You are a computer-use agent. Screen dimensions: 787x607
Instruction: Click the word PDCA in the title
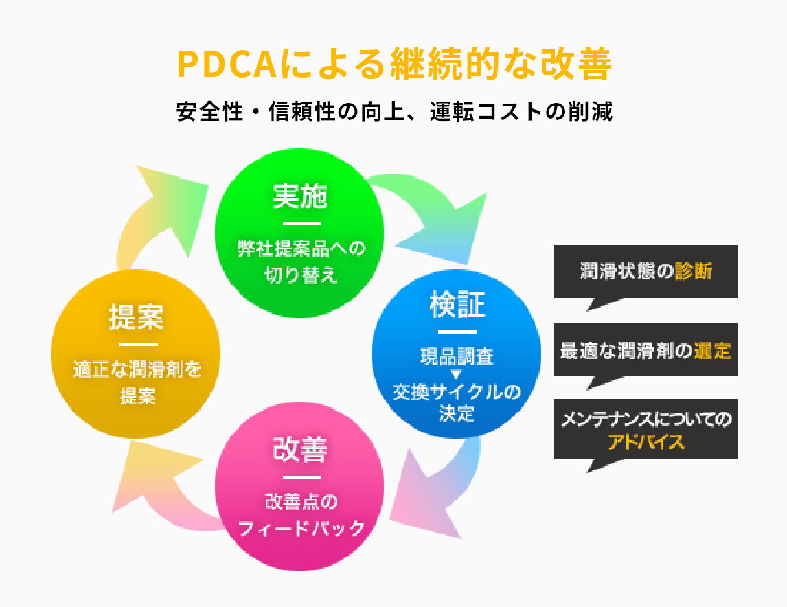(x=227, y=65)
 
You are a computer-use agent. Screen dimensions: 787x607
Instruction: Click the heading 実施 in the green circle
(x=299, y=196)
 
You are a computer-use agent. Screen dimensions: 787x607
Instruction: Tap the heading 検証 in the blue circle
(x=457, y=304)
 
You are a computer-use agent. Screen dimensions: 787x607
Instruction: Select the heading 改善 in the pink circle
(x=299, y=449)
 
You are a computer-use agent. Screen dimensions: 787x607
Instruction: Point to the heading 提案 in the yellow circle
(x=137, y=317)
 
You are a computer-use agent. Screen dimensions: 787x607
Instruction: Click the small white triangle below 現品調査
(x=456, y=374)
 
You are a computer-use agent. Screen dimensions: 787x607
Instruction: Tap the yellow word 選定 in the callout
(x=712, y=350)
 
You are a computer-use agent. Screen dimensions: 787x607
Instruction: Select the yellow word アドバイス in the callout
(x=646, y=442)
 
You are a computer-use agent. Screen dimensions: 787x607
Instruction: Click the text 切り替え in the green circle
(x=301, y=275)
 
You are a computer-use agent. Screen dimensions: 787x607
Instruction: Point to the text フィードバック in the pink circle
(x=301, y=528)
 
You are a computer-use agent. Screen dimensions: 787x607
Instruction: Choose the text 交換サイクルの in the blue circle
(x=456, y=392)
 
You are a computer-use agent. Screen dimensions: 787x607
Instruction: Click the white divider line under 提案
(x=139, y=345)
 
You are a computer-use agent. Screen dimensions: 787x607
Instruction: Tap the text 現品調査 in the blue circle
(x=457, y=356)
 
